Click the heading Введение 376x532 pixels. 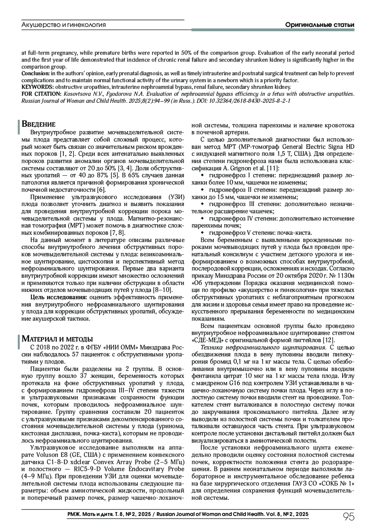(39, 124)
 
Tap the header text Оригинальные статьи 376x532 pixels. (320, 25)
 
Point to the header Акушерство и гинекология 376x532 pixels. (64, 25)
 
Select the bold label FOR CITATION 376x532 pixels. (41, 94)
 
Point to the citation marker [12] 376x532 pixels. (329, 340)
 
